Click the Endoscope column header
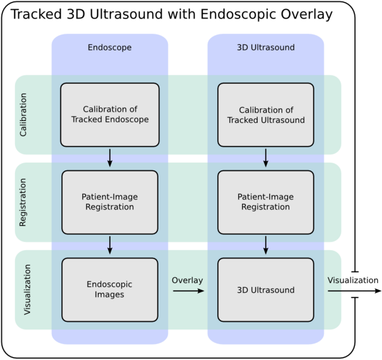[109, 47]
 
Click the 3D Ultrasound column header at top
[265, 47]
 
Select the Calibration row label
[23, 115]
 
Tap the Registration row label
[23, 202]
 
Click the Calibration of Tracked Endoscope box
[110, 115]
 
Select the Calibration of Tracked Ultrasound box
[265, 115]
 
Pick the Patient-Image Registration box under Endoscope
[110, 202]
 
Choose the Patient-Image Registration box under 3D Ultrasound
[265, 202]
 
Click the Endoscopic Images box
[110, 290]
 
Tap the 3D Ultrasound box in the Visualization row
[265, 290]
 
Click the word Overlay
[187, 280]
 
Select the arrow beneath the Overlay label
[188, 292]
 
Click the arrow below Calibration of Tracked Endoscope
[110, 157]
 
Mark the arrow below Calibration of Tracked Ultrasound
[265, 157]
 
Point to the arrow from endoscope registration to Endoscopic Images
[110, 245]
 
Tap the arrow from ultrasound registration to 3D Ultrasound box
[265, 245]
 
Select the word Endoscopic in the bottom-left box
[110, 284]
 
